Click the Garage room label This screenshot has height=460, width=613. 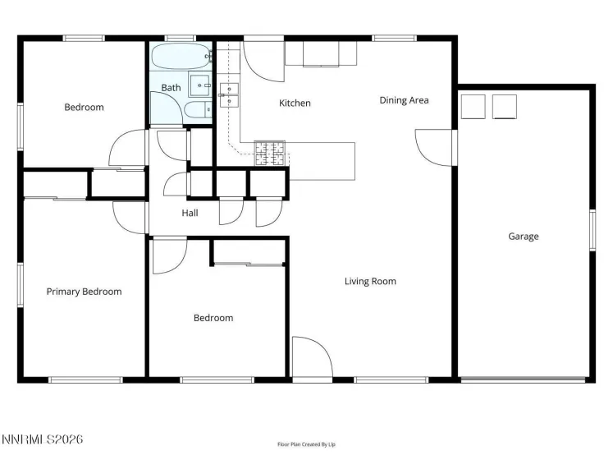523,237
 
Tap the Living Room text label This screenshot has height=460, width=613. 370,281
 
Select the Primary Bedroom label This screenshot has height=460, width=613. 84,292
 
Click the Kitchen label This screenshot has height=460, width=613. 295,103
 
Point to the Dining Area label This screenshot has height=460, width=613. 404,100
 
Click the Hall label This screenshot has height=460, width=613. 190,214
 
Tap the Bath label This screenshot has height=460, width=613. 171,87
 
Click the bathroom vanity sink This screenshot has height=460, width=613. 199,85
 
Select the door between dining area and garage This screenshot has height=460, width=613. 435,146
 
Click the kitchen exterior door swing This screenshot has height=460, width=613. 263,59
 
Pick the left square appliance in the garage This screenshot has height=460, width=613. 473,107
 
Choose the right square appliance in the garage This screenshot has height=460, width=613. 504,107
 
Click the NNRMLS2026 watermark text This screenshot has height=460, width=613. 42,440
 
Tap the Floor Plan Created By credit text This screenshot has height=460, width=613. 306,444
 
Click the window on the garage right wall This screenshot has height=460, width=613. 591,230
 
